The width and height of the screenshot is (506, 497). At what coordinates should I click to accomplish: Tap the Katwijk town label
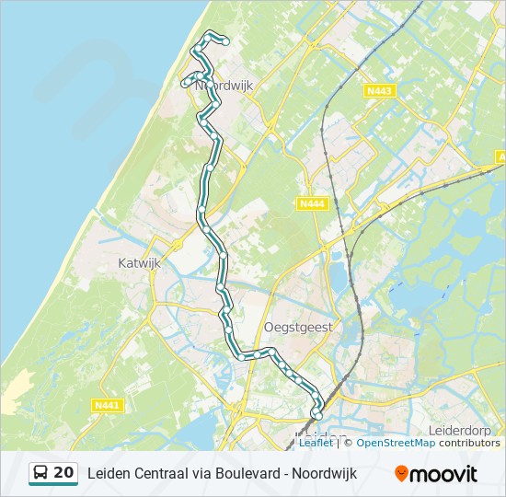coord(140,262)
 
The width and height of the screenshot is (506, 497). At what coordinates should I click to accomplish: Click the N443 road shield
coord(379,90)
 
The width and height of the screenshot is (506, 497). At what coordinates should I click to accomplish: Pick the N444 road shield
coord(312,204)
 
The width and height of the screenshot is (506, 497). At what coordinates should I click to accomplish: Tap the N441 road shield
coord(107,405)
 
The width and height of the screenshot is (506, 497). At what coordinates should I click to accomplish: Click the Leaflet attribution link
coord(316,443)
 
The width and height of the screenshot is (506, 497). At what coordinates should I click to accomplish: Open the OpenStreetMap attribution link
coord(395,443)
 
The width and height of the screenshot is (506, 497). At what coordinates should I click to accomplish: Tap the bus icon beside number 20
coord(40,473)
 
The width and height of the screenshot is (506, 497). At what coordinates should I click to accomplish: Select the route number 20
coord(64,473)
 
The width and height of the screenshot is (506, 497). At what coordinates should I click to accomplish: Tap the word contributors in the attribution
coord(469,443)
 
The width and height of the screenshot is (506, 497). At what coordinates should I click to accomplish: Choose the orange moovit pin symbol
coord(401,474)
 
